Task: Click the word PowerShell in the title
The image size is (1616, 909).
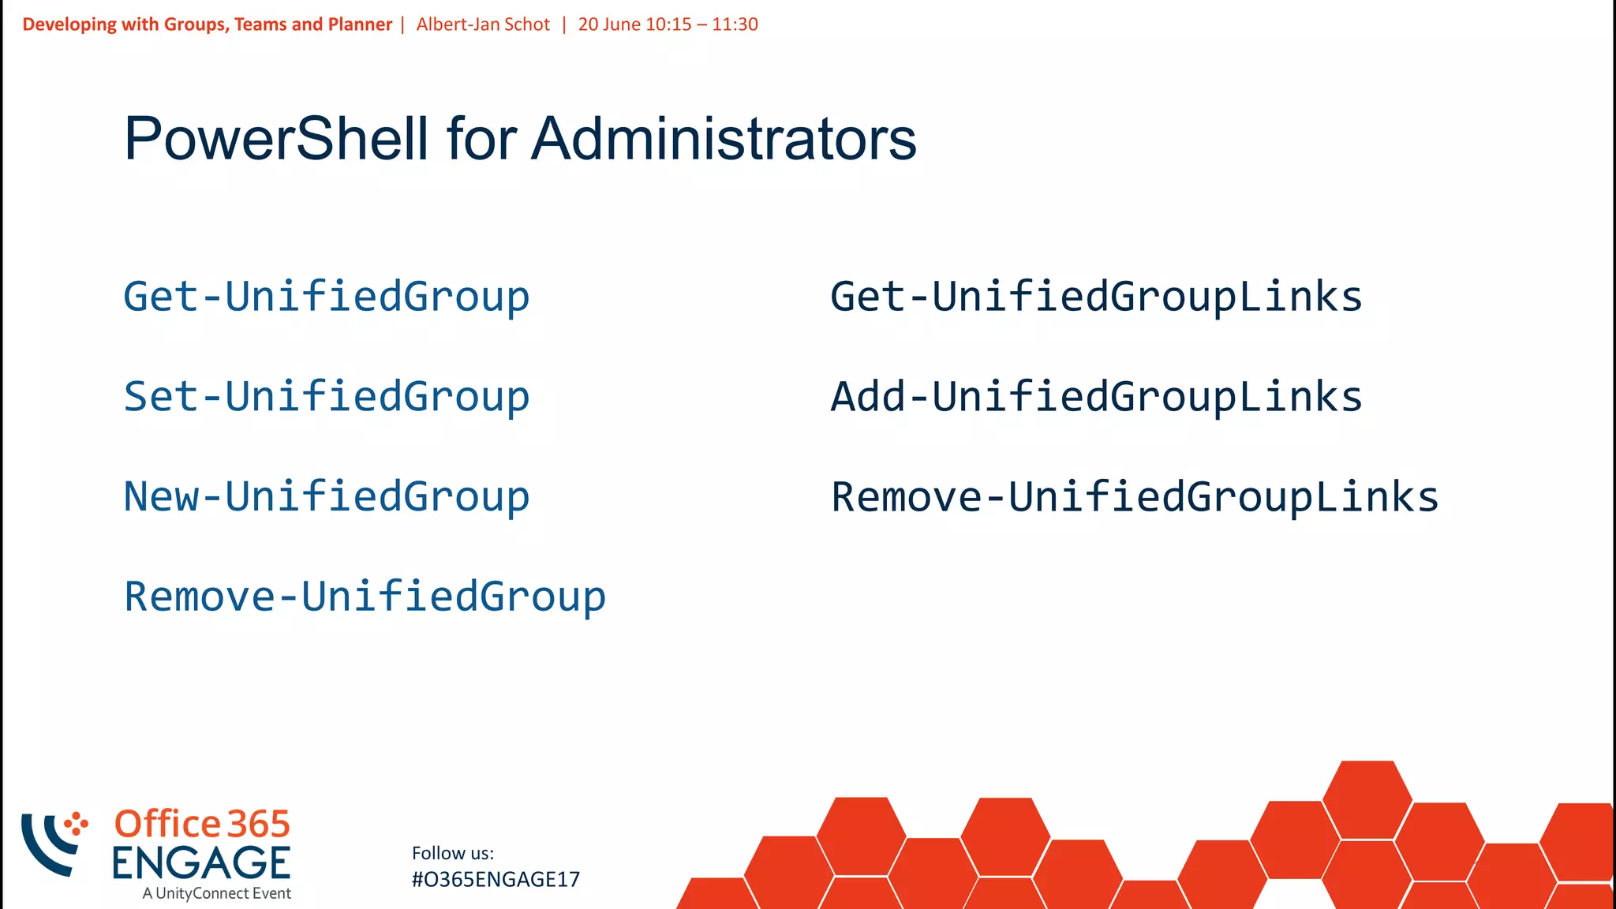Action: [276, 139]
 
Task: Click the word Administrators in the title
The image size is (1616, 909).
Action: [724, 139]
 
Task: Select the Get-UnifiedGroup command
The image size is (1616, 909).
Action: [326, 297]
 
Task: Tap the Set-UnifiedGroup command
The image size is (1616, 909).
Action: [326, 397]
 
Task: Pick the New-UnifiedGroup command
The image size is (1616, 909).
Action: [326, 497]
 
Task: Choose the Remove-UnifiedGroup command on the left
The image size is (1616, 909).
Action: [365, 597]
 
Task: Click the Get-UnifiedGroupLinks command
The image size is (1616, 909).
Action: [1096, 297]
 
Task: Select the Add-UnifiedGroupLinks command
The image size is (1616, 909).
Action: [1096, 397]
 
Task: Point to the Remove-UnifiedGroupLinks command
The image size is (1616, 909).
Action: [1135, 497]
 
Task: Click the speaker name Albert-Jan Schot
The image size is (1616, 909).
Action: [483, 24]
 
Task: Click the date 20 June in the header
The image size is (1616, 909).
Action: [609, 24]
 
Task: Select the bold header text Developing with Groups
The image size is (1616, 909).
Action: [125, 24]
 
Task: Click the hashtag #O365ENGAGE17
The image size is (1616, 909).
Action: [496, 879]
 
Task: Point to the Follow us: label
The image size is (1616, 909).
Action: [453, 853]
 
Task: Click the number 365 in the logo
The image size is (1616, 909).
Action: [259, 825]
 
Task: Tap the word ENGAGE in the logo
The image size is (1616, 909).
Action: [201, 862]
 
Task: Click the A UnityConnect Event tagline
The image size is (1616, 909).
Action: [216, 893]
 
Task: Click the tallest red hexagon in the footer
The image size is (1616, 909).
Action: [1367, 799]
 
